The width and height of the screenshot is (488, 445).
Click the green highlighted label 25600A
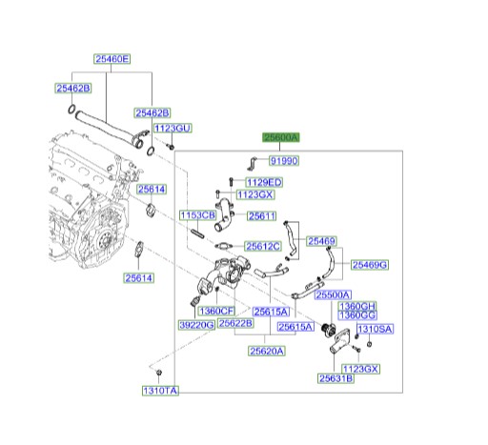tap(281, 137)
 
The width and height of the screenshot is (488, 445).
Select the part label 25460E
tap(112, 59)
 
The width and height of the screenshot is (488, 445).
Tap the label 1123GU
tap(173, 129)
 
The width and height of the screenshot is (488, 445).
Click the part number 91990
tap(284, 161)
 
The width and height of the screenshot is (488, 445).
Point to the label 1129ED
tap(264, 182)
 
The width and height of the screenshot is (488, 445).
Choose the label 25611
tap(262, 216)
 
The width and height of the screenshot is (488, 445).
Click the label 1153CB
tap(197, 215)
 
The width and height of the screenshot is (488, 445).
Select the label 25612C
tap(263, 246)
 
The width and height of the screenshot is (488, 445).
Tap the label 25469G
tap(370, 265)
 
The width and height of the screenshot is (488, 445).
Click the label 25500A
tap(333, 294)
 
